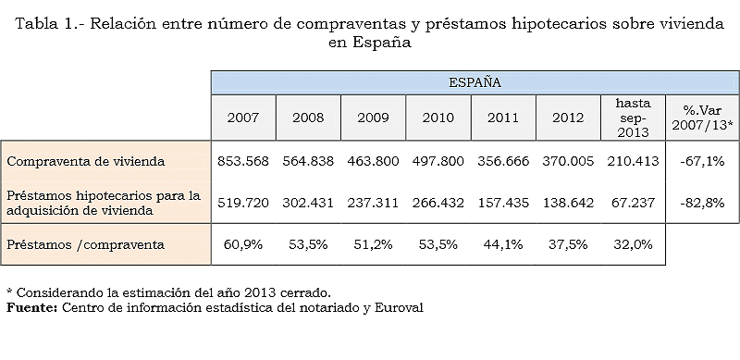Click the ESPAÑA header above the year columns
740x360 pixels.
point(475,82)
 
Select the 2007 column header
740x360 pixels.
point(242,118)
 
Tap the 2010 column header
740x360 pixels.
point(438,118)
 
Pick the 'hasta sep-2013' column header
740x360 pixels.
point(633,118)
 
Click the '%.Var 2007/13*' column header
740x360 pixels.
point(701,118)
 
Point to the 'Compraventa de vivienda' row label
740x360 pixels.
point(86,161)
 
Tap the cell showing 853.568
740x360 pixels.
point(242,161)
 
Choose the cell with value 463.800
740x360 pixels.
point(373,161)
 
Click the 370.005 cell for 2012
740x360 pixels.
point(568,161)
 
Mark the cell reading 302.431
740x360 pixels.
point(307,203)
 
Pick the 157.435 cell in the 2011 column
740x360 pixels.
point(502,203)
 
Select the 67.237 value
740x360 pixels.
point(633,203)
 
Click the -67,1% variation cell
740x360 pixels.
point(701,161)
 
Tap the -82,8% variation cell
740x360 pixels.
point(701,203)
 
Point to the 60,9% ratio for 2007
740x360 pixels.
point(242,244)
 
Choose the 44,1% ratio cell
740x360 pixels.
point(502,244)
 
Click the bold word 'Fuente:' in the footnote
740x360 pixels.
point(31,307)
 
